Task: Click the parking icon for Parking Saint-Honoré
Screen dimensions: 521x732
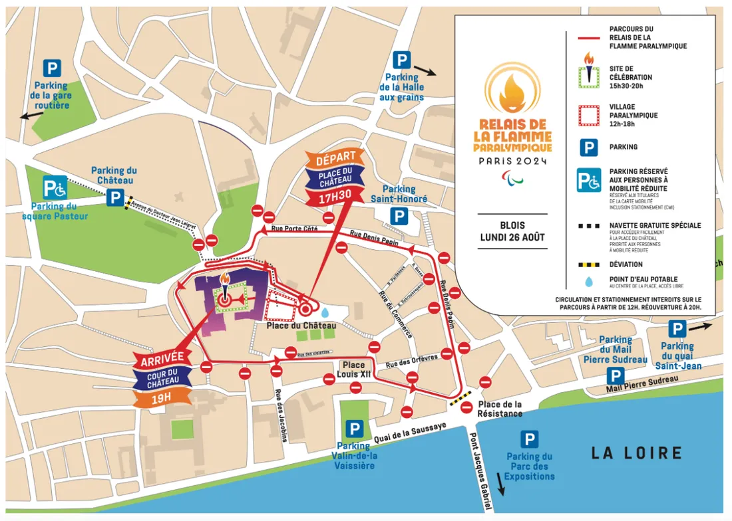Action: (x=399, y=216)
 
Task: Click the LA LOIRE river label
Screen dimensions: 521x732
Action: (x=638, y=453)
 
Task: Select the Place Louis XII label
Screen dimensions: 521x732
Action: (x=354, y=369)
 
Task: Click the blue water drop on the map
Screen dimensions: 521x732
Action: (x=324, y=312)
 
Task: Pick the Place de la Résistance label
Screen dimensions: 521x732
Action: (x=500, y=409)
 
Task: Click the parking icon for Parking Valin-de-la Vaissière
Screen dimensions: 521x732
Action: (x=355, y=429)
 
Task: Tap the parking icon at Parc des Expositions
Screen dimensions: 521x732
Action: (x=530, y=439)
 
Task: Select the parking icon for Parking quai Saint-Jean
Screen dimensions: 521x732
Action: (x=677, y=328)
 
